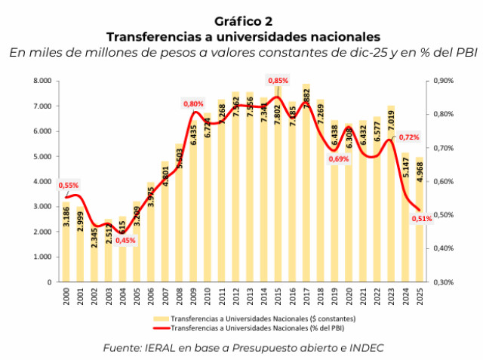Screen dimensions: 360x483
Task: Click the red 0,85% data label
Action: pyautogui.click(x=278, y=80)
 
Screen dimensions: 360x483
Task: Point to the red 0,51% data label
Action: pyautogui.click(x=422, y=219)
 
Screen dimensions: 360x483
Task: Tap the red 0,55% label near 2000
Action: pyautogui.click(x=68, y=185)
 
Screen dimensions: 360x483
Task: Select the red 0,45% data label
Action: pyautogui.click(x=126, y=241)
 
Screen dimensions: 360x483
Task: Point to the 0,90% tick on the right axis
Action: pyautogui.click(x=442, y=81)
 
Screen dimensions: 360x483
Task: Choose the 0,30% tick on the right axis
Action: pyautogui.click(x=442, y=282)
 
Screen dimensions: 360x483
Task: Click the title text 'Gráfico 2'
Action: pyautogui.click(x=242, y=20)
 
